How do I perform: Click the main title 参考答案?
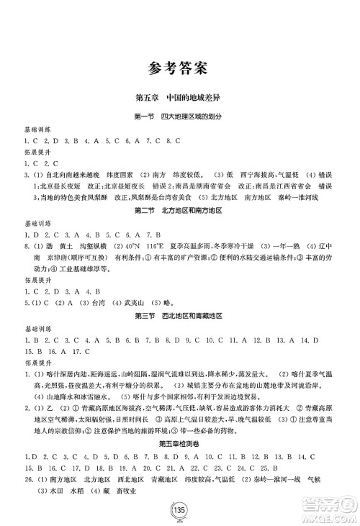coord(179,69)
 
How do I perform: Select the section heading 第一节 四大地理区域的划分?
coord(179,117)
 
